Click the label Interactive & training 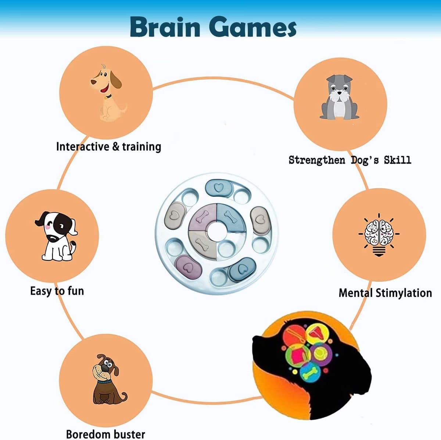pyautogui.click(x=108, y=147)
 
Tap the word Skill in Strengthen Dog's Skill pyautogui.click(x=397, y=160)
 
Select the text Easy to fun pyautogui.click(x=57, y=291)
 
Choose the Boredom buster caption pyautogui.click(x=105, y=434)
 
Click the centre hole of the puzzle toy pyautogui.click(x=216, y=231)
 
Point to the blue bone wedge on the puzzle pyautogui.click(x=231, y=217)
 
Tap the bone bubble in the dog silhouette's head pyautogui.click(x=310, y=373)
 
